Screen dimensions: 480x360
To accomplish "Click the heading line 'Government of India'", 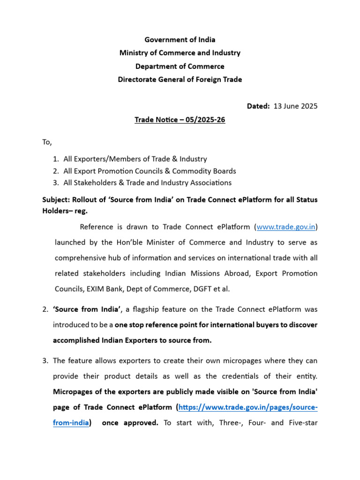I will (180, 39).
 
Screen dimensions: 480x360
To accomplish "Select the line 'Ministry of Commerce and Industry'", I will (180, 52).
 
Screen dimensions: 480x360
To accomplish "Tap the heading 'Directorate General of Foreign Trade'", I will (180, 79).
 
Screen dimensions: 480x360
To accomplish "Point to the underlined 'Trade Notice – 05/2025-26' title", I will (180, 120).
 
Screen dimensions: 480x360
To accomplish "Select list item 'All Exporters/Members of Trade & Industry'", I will (135, 159).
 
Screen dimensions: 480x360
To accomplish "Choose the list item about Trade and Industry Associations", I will (147, 183).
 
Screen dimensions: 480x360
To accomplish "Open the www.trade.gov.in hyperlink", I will (286, 227).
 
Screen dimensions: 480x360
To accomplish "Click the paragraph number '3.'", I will (45, 360).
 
